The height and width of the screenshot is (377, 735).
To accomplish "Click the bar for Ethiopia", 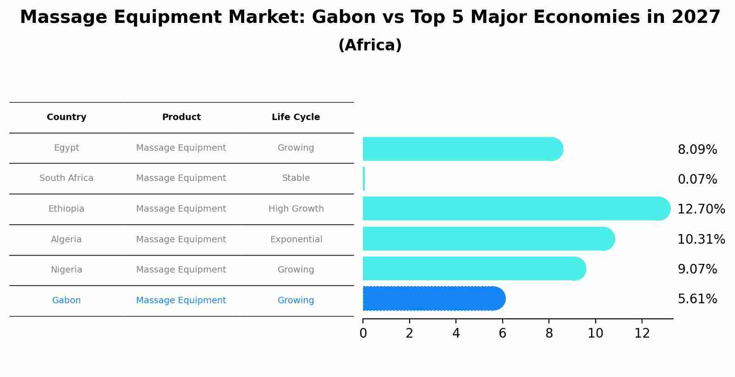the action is point(516,209).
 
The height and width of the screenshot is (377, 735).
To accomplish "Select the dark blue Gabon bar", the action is point(434,299).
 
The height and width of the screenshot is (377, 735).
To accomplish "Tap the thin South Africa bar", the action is point(364,179).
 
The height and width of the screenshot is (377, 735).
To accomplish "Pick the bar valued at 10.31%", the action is point(489,239).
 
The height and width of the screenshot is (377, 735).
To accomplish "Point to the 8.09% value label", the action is point(697,150).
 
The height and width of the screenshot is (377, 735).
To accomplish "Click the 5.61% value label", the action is point(697,299).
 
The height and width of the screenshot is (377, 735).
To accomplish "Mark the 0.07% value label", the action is point(697,180).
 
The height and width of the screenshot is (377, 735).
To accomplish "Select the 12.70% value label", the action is point(701,209).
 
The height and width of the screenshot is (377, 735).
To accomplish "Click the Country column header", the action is point(66,117).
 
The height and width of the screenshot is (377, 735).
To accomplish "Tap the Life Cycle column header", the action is point(296,117).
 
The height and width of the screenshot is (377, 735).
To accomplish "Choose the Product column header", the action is point(181,117).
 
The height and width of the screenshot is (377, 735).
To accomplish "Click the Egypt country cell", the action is point(66,148).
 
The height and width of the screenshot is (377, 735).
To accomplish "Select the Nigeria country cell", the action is point(66,270).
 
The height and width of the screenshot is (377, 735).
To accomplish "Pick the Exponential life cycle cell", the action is point(296,240).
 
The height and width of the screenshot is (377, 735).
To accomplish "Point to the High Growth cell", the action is point(296,209).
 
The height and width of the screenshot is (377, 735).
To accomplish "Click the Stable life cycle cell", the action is point(296,178).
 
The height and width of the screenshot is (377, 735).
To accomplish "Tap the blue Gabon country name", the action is point(66,300).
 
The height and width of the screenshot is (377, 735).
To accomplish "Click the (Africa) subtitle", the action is point(370,45).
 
